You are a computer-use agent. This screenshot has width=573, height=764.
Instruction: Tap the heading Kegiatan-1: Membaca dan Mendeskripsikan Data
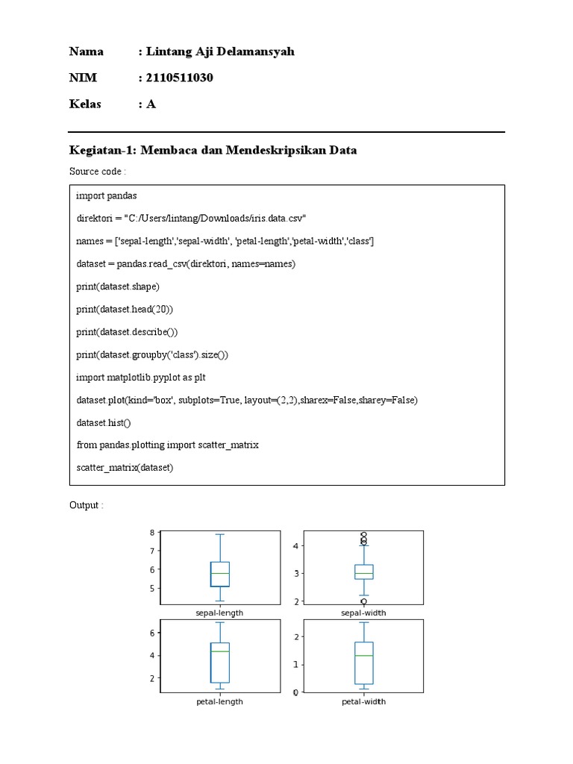pos(213,150)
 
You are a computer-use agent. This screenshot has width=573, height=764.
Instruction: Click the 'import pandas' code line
pos(107,195)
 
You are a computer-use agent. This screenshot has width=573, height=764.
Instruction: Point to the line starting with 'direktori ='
pos(191,219)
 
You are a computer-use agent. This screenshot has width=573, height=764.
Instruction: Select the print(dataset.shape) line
pos(118,286)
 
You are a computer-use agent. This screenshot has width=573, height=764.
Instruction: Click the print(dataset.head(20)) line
pos(125,309)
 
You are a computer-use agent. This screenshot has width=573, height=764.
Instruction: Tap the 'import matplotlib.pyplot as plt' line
pos(141,378)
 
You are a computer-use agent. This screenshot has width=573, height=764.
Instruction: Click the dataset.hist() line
pos(103,423)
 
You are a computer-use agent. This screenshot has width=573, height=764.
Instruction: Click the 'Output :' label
pos(86,506)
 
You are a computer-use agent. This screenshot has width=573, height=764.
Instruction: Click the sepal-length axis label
pos(219,613)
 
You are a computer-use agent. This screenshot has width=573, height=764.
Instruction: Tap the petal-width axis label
pos(363,702)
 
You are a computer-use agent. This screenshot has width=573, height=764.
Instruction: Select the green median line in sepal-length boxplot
pos(220,573)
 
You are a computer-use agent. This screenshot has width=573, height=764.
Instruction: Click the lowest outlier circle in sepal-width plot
pos(363,601)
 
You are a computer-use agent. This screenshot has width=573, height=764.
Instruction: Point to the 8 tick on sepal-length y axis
pos(151,533)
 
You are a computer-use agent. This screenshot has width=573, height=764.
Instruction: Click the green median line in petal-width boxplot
pos(363,656)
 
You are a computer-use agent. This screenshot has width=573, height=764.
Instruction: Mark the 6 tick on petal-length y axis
pos(151,633)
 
